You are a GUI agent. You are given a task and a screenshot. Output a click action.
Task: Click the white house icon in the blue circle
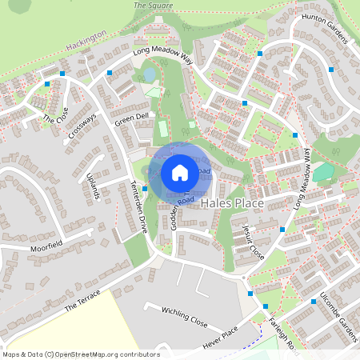coord(180,172)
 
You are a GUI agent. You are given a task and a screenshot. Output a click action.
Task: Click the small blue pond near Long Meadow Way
coord(149,74)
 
